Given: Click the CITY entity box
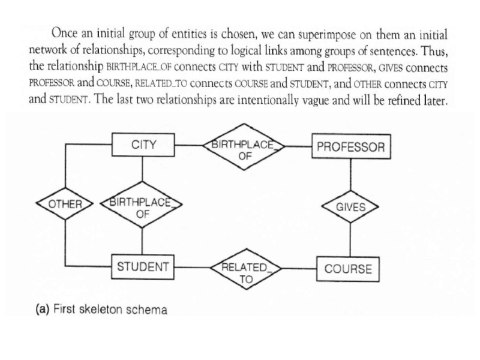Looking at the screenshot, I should (143, 145).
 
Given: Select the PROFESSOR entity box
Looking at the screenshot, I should (350, 147).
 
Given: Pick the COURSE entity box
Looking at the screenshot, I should (348, 269).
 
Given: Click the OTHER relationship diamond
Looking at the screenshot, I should (65, 204).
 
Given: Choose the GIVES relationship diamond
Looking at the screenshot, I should (350, 207).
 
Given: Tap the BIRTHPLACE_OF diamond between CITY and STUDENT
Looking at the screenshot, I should (142, 207).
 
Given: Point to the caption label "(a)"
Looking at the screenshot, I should (43, 310).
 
